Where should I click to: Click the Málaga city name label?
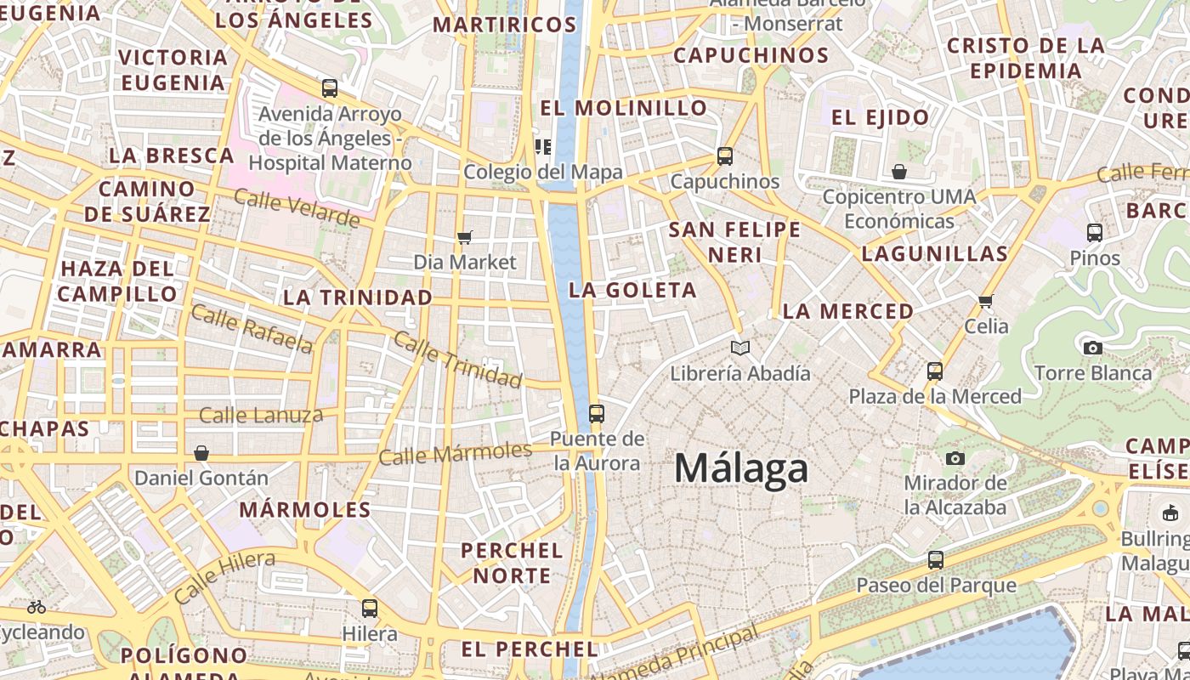(741, 468)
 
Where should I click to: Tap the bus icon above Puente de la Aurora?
(597, 414)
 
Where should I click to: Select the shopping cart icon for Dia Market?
(464, 237)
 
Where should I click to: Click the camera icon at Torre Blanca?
(1093, 348)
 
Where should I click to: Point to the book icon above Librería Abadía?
(740, 348)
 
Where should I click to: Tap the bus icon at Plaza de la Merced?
(935, 371)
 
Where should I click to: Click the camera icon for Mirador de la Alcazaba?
(955, 459)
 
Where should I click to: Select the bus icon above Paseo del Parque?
(936, 560)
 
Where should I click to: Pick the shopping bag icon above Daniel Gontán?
(201, 453)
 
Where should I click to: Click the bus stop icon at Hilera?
(370, 609)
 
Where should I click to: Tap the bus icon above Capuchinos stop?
(725, 156)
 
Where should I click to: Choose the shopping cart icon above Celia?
(986, 301)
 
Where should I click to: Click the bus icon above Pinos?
(1095, 232)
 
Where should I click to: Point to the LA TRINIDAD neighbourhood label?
(358, 298)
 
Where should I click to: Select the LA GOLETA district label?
(632, 291)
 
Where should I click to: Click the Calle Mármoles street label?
(455, 453)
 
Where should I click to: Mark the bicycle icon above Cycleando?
(37, 607)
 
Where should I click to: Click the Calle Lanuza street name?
(261, 416)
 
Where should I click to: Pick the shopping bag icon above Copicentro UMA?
(899, 172)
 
